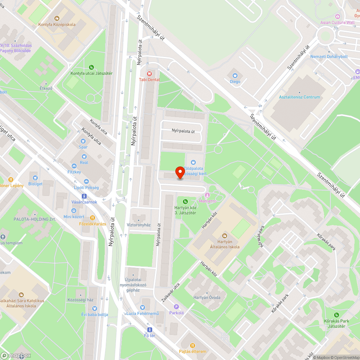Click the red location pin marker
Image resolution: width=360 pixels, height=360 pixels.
coord(180,173)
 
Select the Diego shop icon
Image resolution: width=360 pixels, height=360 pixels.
coord(235,75)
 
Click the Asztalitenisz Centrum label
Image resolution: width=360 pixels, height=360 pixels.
coord(300,97)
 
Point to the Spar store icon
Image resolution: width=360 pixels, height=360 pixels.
coord(84,141)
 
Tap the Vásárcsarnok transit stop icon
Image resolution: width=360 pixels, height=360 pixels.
coord(84,196)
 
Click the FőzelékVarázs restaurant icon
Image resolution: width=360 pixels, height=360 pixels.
coord(93,217)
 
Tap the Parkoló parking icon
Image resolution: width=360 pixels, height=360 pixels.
coord(176,307)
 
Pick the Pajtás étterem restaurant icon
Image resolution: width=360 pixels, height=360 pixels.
coord(192,345)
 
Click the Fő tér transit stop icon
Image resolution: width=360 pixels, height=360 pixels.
coord(149,330)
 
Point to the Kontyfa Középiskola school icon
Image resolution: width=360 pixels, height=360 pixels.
coord(57,18)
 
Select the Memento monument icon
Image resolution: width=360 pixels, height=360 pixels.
coord(208,195)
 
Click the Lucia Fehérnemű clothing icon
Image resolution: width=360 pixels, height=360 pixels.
coord(143,307)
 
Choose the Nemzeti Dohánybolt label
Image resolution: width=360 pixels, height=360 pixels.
coord(329,57)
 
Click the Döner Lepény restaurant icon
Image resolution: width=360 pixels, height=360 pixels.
coord(11,180)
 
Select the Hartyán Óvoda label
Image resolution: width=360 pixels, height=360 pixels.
coord(207,297)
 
